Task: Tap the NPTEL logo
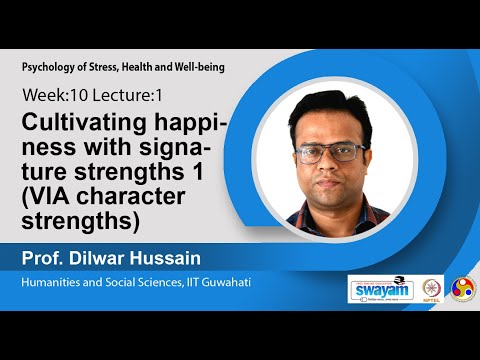(x=432, y=288)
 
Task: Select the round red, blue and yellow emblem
(x=463, y=288)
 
